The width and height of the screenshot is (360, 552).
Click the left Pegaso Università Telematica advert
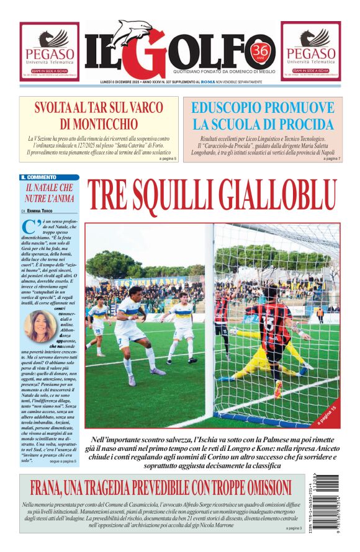point(49,51)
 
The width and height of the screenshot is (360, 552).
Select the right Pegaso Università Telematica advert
point(310,51)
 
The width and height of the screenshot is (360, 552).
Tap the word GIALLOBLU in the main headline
point(276,197)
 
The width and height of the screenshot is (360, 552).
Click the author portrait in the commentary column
point(40,326)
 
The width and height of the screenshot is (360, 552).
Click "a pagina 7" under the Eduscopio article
point(331,159)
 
